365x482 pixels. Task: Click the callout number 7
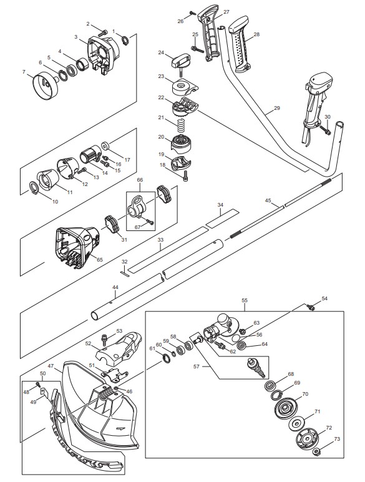coord(24,72)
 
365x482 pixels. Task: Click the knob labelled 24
coord(181,61)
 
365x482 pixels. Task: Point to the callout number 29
coord(277,108)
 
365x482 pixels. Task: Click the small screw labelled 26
coord(193,13)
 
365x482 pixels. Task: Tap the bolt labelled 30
coord(324,130)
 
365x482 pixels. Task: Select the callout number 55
coord(245,300)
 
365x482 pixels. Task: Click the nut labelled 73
coord(317,452)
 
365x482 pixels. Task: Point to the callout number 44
coord(115,287)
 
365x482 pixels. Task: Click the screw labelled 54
coord(311,307)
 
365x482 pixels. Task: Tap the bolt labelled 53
coord(105,340)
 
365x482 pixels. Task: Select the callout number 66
coord(140,180)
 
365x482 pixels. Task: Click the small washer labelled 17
coord(106,145)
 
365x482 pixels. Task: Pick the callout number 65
coord(100,260)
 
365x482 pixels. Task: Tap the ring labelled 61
coord(166,358)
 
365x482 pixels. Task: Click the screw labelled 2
coord(103,32)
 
